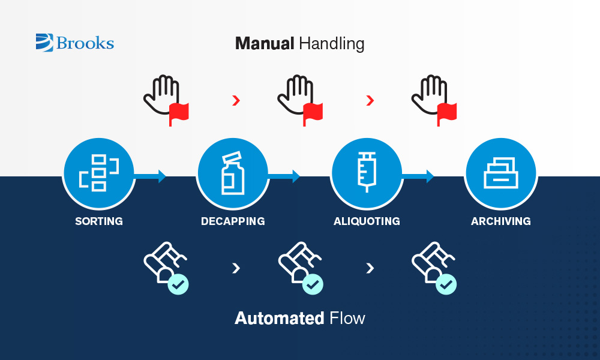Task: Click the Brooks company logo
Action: coord(74,43)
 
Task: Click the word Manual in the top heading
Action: coord(264,43)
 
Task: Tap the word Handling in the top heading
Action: coord(331,44)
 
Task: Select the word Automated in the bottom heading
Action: coord(279,317)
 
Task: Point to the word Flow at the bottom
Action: coord(347,317)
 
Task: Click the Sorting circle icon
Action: coord(99,173)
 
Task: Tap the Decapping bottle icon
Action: coord(233,173)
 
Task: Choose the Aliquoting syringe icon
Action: coord(367,173)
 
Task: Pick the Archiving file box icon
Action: coord(501,173)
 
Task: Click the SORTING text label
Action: coord(99,221)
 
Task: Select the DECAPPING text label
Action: coord(233,221)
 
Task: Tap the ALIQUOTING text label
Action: coord(367,221)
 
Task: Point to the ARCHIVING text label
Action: coord(501,221)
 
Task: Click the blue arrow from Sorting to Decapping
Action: coord(150,176)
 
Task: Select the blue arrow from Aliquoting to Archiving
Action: coord(418,176)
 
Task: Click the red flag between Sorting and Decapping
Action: coord(179,112)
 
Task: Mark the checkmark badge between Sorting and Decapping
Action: coord(178,284)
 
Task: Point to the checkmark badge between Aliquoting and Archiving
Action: coord(446,284)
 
